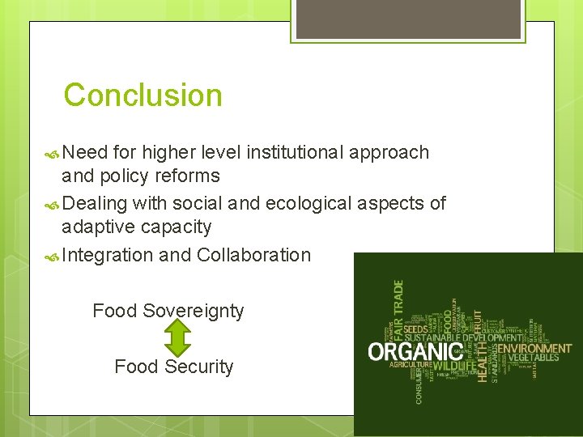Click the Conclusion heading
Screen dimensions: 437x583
pos(143,95)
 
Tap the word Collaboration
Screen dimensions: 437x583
pos(253,255)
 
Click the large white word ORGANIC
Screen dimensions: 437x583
pos(415,352)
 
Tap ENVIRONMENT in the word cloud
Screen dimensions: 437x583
pos(534,349)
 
